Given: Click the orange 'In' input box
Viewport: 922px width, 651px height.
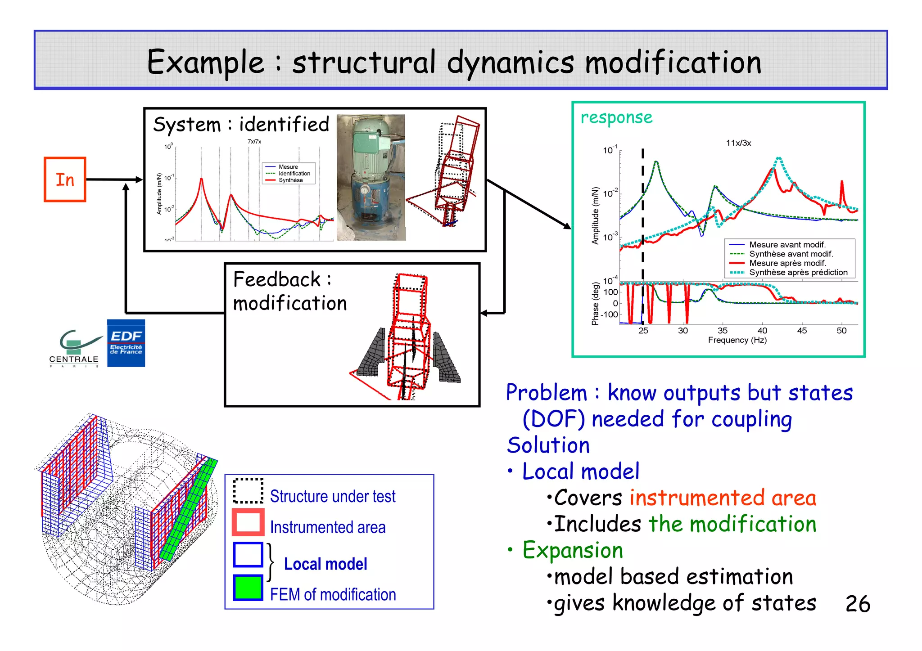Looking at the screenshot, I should tap(65, 180).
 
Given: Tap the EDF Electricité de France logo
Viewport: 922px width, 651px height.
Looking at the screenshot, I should tap(126, 343).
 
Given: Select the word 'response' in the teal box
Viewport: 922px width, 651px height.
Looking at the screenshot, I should tap(616, 117).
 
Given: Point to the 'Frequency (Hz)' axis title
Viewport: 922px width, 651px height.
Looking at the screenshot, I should tap(737, 340).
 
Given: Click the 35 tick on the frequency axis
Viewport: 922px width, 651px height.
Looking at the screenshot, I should tap(723, 331).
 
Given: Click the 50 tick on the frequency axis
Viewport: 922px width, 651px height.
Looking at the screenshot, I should tap(841, 331).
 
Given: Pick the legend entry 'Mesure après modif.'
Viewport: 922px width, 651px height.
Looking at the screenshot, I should tap(787, 263).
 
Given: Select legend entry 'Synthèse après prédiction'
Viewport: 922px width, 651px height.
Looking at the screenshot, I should tap(798, 273).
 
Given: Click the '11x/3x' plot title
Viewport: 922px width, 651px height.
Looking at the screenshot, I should tap(738, 143).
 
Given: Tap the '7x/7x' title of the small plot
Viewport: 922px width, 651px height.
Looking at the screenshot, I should tap(254, 142).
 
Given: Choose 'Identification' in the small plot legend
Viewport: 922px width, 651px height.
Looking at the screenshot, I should tap(294, 174).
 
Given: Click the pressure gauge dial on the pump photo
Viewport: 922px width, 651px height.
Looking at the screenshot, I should tap(364, 190).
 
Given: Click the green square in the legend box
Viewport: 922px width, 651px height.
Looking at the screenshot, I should tap(248, 587).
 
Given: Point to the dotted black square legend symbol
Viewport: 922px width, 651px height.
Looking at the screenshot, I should tap(248, 491).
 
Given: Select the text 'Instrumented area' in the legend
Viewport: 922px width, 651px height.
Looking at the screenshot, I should tap(328, 527).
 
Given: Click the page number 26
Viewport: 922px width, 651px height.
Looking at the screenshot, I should tap(858, 604).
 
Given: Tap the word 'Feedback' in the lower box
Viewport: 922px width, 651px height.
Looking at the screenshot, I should tap(277, 280).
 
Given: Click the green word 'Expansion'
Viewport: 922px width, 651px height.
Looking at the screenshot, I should tap(573, 550).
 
